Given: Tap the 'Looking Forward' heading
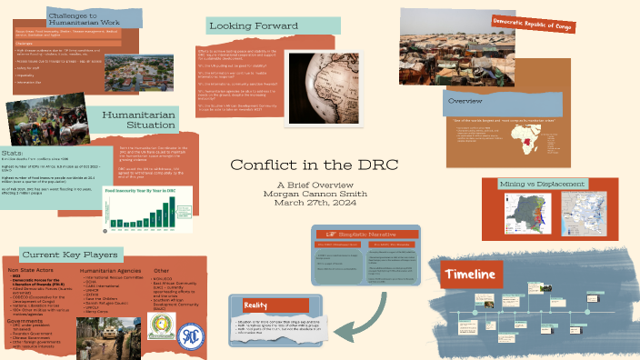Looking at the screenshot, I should pyautogui.click(x=254, y=26).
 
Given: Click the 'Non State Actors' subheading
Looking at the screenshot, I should pyautogui.click(x=32, y=271).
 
